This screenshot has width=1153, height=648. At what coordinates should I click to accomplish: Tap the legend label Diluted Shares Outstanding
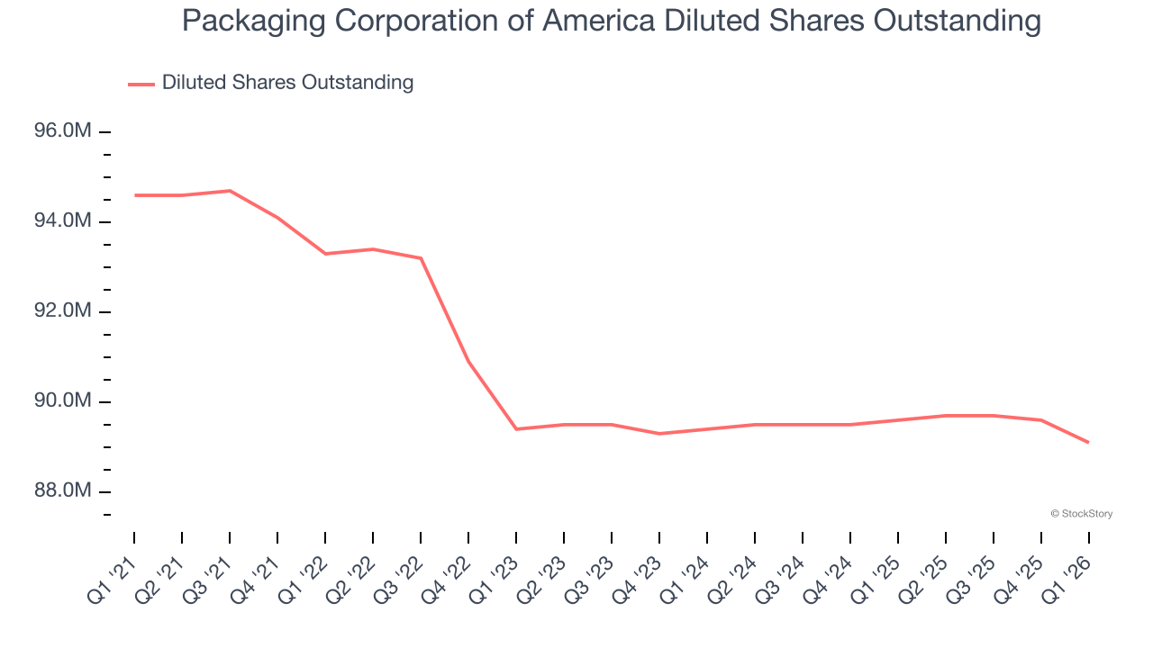pos(287,83)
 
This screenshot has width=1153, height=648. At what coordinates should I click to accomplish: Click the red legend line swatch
pos(141,84)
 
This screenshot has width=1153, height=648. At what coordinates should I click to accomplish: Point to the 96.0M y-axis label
pos(62,131)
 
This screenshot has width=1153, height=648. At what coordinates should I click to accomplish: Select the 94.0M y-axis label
pos(62,221)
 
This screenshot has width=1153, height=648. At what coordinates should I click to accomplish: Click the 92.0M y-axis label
pos(62,311)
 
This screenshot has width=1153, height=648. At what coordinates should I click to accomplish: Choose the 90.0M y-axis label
pos(62,401)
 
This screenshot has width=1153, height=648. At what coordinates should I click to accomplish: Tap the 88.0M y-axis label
pos(62,491)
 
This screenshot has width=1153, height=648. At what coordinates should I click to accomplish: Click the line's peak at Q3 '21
pos(230,191)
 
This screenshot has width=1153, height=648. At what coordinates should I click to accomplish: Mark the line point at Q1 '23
pos(516,429)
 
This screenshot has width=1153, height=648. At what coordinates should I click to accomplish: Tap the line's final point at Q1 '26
pos(1089,443)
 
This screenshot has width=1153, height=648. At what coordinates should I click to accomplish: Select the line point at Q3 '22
pos(421,258)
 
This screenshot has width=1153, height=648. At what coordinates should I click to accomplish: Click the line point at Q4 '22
pos(468,362)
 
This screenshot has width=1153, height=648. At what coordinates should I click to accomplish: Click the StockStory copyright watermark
pos(1081,514)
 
